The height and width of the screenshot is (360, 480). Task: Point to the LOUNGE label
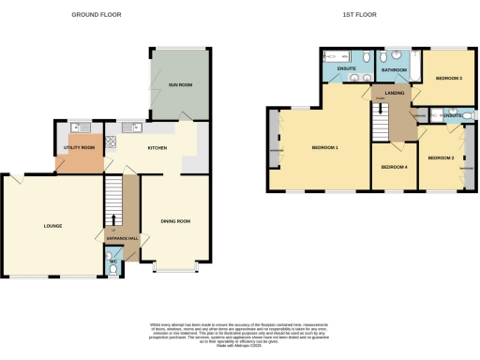[x=52, y=226]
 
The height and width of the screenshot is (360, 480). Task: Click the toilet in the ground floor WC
[x=113, y=270]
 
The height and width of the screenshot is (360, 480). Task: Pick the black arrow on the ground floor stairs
[x=113, y=220]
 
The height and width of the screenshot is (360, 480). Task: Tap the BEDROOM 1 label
[x=324, y=148]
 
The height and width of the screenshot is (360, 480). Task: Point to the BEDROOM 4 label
[x=394, y=167]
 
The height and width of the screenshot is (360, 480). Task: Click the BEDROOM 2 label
[x=441, y=158]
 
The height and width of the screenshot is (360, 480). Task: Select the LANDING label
[x=394, y=92]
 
